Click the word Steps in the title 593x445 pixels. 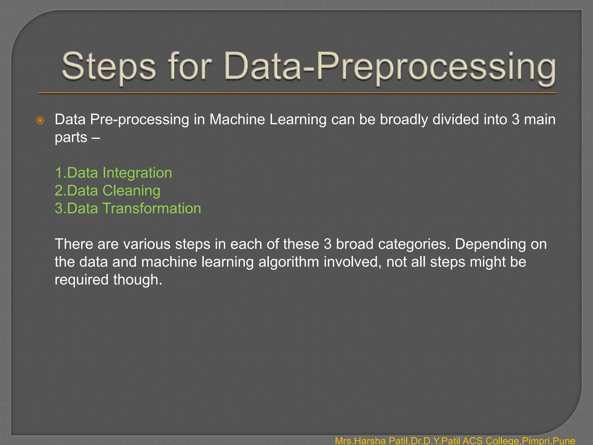tap(109, 67)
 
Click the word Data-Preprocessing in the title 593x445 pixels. tap(389, 67)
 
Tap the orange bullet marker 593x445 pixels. tap(41, 121)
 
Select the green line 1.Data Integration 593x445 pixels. tap(114, 173)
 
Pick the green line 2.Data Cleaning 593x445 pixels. tap(107, 191)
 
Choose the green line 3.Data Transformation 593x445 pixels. tap(128, 209)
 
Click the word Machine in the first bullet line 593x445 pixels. tap(237, 120)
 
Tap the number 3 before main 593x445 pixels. tap(515, 120)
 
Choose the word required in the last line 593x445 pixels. tap(82, 280)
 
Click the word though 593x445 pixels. tap(138, 280)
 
